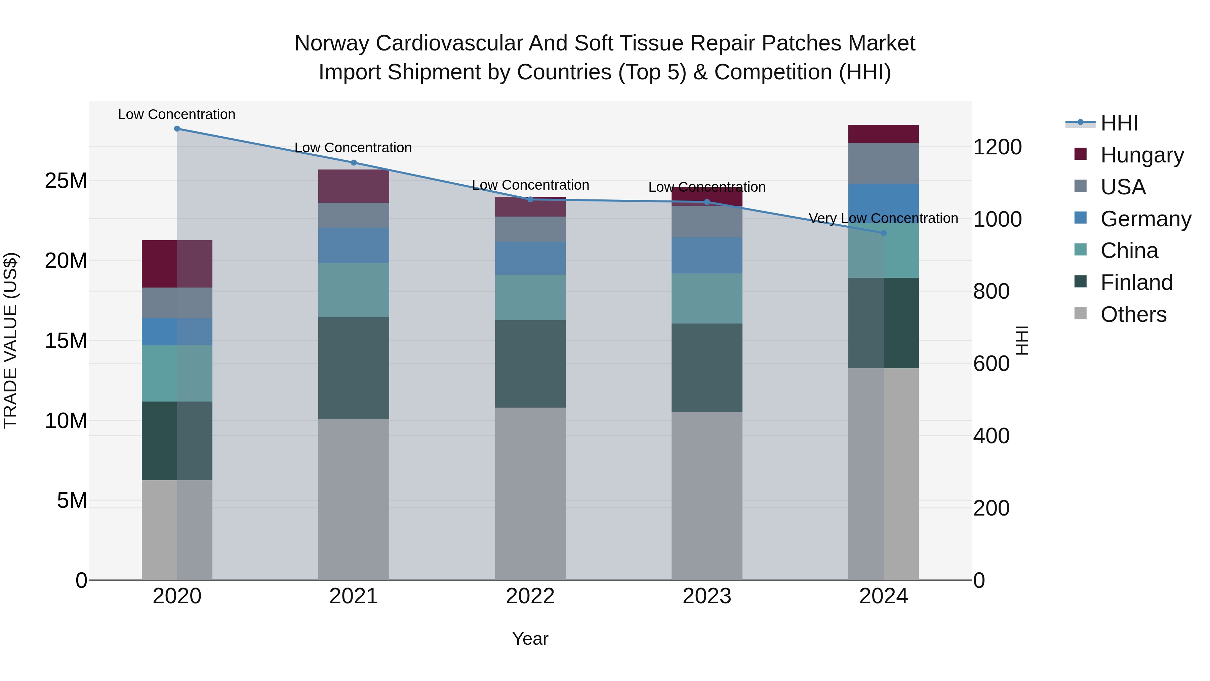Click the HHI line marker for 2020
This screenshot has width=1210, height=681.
pos(177,129)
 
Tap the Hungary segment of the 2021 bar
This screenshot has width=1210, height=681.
pos(354,186)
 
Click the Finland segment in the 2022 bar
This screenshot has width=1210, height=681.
pos(530,364)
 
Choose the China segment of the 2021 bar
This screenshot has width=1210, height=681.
pos(354,290)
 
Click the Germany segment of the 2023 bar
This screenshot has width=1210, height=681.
pos(707,255)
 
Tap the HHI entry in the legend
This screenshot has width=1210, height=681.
pos(1119,123)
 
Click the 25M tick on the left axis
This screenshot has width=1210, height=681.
pos(66,181)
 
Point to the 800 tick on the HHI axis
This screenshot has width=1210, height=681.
pos(991,291)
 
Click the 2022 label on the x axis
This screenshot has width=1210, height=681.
pos(530,596)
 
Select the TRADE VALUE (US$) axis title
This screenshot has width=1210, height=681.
pos(10,340)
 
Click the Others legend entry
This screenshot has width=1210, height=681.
pos(1133,314)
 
